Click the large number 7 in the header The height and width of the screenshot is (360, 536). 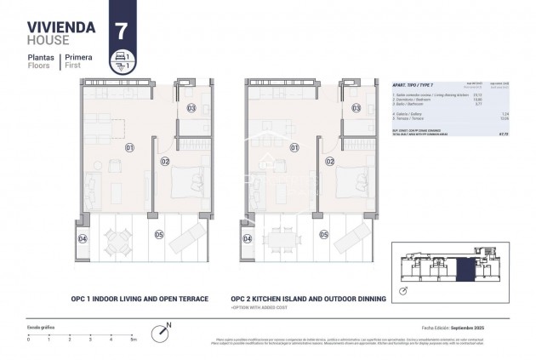(x=121, y=30)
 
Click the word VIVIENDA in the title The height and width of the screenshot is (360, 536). (x=61, y=26)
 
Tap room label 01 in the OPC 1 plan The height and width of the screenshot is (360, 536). (x=130, y=147)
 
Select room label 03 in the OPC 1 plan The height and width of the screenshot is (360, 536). (x=191, y=108)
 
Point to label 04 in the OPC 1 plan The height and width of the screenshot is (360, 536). (x=83, y=239)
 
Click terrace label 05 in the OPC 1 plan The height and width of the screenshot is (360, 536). (x=159, y=234)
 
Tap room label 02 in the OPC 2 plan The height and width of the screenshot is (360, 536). (x=328, y=161)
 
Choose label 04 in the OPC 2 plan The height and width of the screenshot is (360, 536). (x=247, y=239)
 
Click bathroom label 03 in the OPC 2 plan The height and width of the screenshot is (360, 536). (x=356, y=108)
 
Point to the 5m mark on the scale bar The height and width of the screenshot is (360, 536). (x=133, y=339)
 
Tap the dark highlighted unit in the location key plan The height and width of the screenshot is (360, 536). (x=465, y=269)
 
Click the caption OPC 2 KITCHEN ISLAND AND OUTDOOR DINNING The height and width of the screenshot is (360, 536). (x=307, y=300)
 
